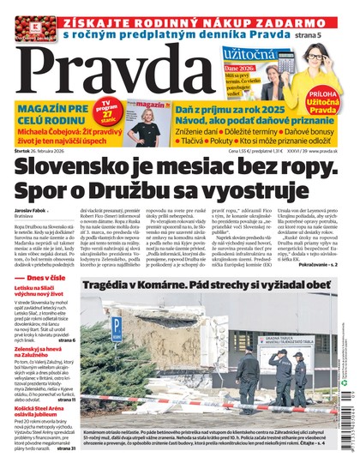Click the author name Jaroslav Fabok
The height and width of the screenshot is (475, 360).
coord(33,209)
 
